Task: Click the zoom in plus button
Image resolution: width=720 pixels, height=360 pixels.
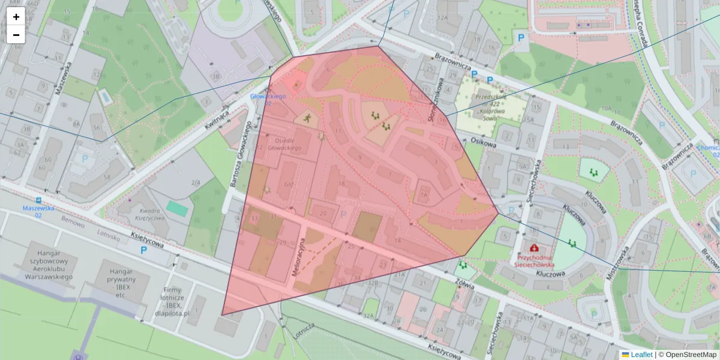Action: pos(16,17)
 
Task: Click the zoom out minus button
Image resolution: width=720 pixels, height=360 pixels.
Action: pos(16,35)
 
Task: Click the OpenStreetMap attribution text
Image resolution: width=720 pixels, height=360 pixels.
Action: pos(687,355)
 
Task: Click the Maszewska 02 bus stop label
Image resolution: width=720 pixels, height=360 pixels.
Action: pos(39,211)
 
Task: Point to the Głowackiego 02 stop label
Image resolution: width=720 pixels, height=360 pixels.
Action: pos(268,100)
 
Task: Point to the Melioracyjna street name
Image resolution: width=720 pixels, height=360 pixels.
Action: pos(299,257)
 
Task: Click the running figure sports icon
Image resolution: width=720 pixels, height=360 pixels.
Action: pos(308,118)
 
